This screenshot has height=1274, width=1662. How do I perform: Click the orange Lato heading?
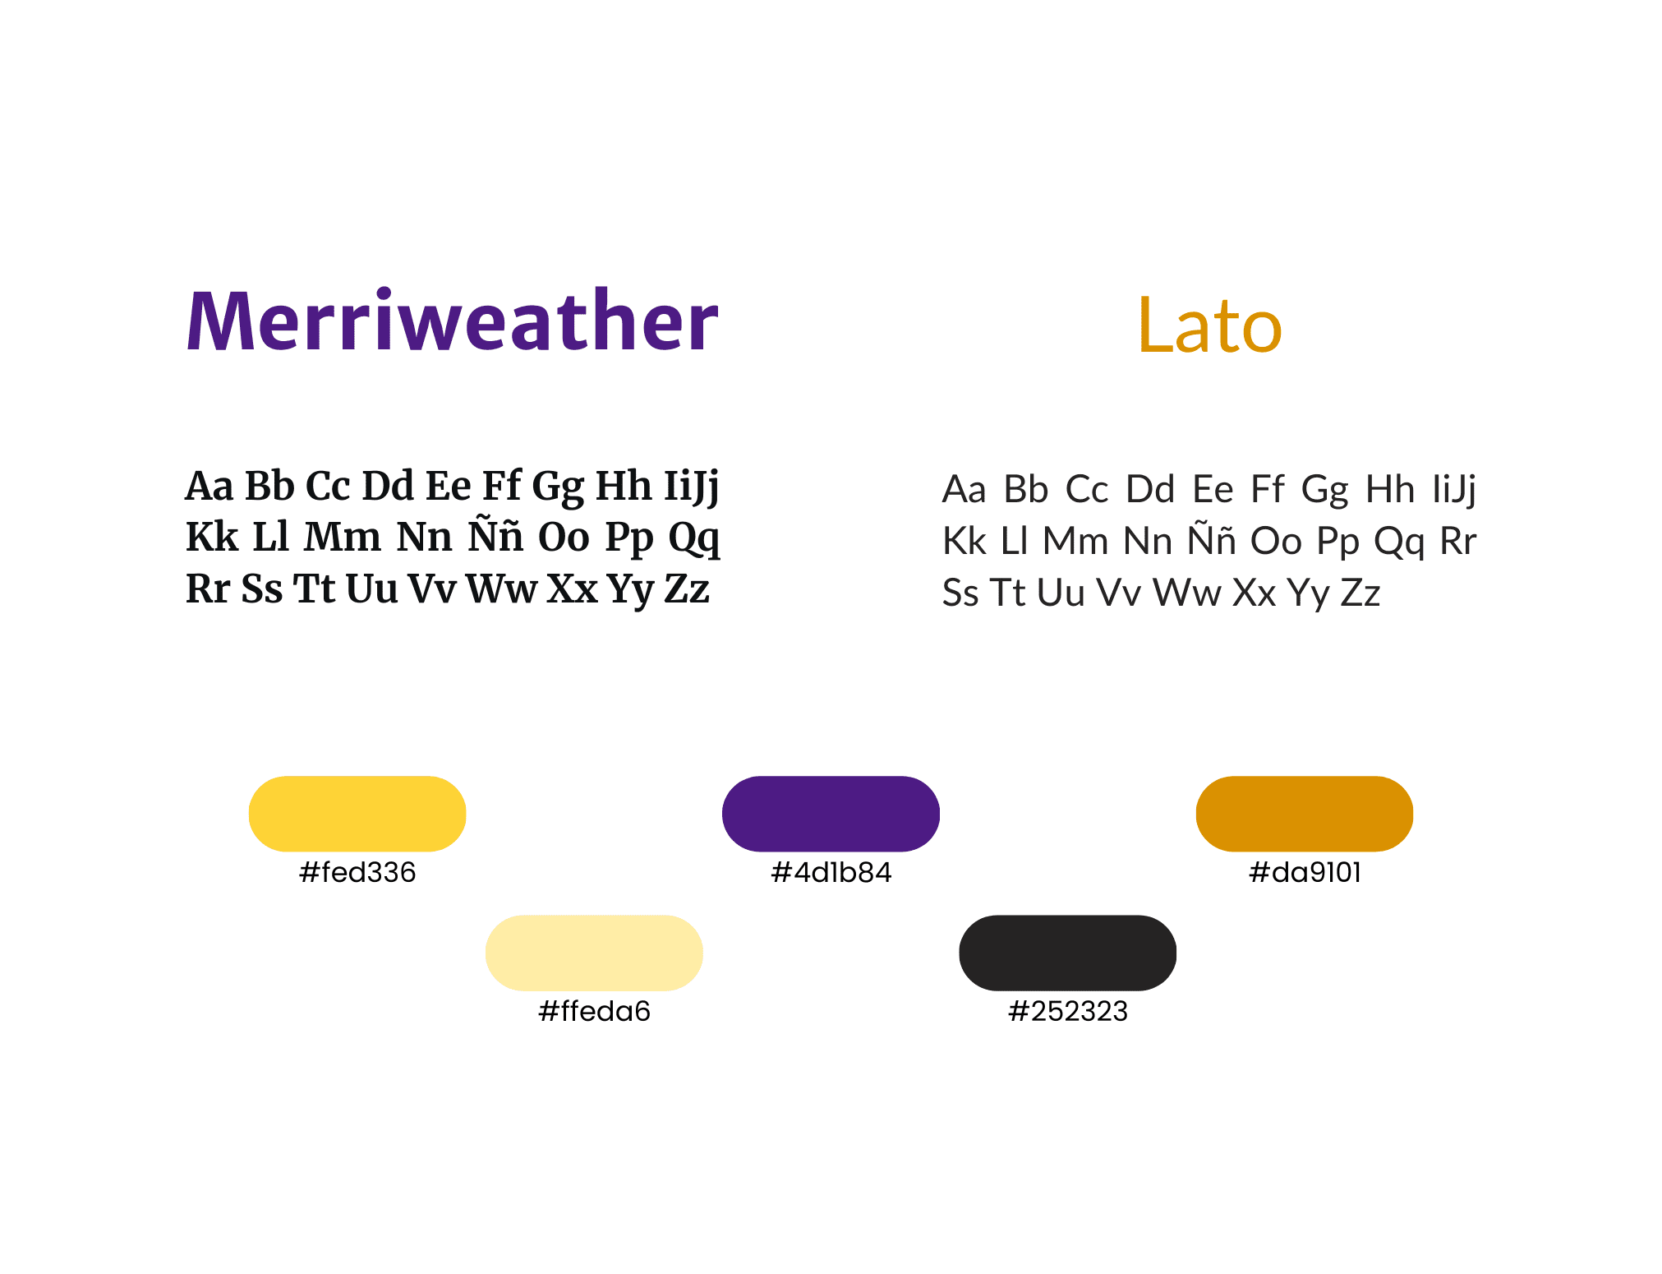click(1209, 325)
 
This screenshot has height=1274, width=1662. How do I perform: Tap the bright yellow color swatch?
click(357, 813)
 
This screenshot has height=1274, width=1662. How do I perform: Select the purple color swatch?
click(831, 813)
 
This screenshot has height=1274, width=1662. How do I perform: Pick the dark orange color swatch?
click(1305, 813)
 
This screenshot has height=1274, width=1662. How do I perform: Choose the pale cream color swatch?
click(594, 953)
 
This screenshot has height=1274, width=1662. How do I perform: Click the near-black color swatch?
click(1068, 953)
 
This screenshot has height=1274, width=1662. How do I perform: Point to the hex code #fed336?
click(357, 872)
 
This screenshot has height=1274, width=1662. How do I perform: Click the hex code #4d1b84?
click(831, 872)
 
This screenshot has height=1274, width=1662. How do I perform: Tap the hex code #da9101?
click(1305, 872)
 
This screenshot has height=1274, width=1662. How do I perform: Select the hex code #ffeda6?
click(594, 1011)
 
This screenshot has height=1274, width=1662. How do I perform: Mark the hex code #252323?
click(1068, 1011)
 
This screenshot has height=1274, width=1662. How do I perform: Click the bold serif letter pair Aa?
click(209, 486)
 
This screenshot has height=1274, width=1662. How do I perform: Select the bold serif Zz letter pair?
click(687, 589)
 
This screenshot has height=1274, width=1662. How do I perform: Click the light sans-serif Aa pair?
click(964, 489)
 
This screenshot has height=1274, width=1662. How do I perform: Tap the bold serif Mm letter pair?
click(343, 538)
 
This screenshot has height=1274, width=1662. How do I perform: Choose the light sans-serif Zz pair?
click(1360, 593)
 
